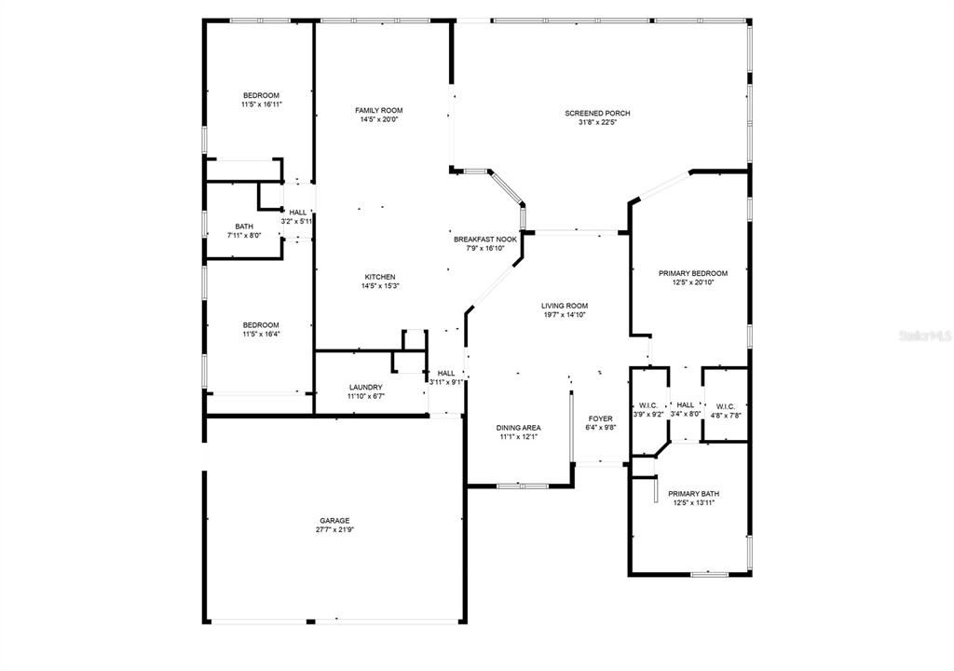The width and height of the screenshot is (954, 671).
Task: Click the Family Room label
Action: pos(379,110)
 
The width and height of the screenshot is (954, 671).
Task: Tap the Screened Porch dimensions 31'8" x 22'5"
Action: pos(597,122)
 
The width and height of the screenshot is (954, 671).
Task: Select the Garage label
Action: pos(334,521)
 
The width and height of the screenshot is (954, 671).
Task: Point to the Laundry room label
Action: pos(365,388)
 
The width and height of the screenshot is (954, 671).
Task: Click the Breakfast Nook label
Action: pos(485,240)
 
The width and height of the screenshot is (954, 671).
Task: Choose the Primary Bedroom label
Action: pos(693,273)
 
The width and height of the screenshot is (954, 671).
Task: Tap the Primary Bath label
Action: pos(693,494)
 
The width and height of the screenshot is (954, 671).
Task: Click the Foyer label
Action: pos(601,418)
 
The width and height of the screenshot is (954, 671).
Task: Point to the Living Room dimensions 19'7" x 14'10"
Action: pos(566,315)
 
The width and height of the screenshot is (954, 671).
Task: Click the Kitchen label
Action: pos(380,277)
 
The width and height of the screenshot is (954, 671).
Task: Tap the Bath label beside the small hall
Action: pos(244,226)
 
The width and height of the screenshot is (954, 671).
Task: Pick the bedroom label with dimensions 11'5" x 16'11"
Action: pos(261,96)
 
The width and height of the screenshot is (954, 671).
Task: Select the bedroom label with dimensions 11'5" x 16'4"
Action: pos(261,325)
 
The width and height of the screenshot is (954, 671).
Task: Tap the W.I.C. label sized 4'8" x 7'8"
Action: pos(725,406)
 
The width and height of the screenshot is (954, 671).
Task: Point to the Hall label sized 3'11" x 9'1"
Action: pos(446,374)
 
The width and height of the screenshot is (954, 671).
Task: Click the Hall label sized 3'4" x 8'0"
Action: pos(686,404)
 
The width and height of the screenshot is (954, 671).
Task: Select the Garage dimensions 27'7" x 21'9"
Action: pos(334,529)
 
